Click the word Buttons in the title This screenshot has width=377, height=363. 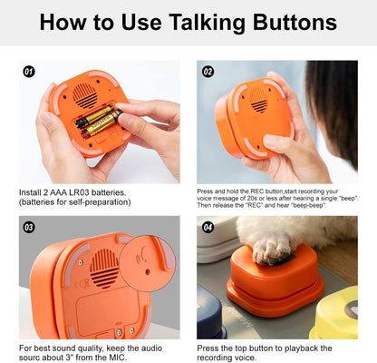click(x=293, y=23)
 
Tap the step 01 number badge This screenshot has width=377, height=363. click(x=28, y=70)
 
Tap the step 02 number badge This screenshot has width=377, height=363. click(x=208, y=70)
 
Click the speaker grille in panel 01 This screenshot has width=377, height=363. click(x=86, y=93)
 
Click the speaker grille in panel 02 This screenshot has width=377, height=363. click(x=258, y=103)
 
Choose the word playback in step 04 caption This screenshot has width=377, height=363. click(x=294, y=348)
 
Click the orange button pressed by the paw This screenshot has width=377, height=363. click(x=273, y=276)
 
